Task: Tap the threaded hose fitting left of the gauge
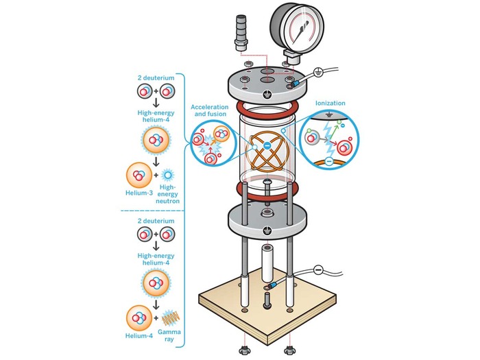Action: pos(239,34)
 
